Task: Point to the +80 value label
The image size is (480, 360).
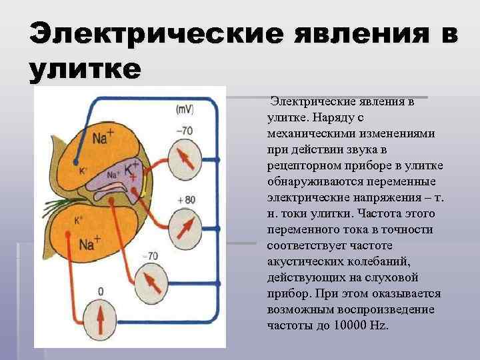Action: (x=186, y=199)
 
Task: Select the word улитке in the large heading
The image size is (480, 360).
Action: (x=85, y=69)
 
